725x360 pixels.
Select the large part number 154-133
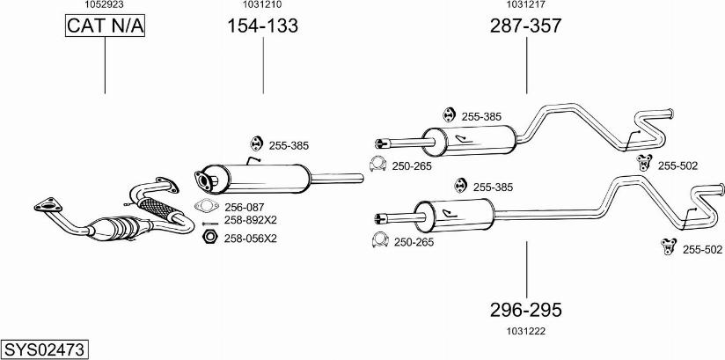[262, 26]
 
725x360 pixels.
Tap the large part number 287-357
[525, 26]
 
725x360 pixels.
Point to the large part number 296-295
[525, 310]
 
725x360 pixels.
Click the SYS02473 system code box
[44, 349]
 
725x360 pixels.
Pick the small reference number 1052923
[104, 5]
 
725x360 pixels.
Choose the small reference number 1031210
[262, 5]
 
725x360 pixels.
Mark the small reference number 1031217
[525, 5]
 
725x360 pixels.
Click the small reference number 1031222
[526, 330]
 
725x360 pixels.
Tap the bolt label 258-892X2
[250, 220]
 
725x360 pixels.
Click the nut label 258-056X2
[250, 238]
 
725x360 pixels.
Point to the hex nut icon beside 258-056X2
[209, 238]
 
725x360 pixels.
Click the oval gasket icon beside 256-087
[206, 207]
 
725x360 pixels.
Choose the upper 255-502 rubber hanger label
[677, 165]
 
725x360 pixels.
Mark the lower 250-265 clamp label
[413, 242]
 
